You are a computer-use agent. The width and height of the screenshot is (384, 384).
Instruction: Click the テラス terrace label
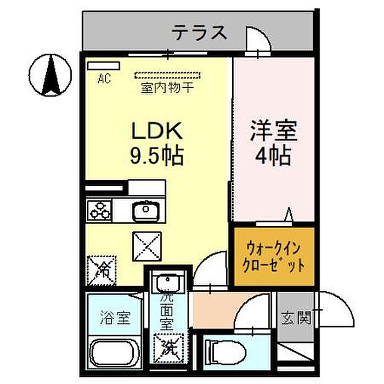(x=199, y=32)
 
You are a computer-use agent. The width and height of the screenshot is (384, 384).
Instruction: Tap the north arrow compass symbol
(x=50, y=75)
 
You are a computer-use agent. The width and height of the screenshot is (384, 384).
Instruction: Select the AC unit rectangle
(x=104, y=66)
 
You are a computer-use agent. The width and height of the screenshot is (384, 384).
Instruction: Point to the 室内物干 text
(x=167, y=88)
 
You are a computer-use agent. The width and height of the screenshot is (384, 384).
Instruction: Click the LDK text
(x=157, y=131)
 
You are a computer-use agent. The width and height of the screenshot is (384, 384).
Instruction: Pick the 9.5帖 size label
(x=157, y=156)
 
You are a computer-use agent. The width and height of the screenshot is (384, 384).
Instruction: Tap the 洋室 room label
(x=274, y=131)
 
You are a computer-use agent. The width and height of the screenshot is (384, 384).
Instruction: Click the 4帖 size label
(x=273, y=156)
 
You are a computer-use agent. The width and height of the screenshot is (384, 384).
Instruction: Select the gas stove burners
(x=99, y=210)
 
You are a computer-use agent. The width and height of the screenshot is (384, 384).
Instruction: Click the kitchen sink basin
(x=146, y=210)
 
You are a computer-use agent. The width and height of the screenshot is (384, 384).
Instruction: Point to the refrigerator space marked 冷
(x=101, y=270)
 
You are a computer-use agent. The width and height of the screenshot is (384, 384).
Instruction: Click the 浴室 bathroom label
(x=115, y=318)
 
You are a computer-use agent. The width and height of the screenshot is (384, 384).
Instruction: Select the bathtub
(x=114, y=353)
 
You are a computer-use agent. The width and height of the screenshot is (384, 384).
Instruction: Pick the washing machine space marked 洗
(x=168, y=348)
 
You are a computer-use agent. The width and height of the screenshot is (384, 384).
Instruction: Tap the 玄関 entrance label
(x=296, y=318)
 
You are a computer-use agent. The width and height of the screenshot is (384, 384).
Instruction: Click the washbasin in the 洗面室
(x=168, y=281)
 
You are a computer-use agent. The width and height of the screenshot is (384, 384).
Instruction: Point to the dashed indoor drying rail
(x=167, y=75)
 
